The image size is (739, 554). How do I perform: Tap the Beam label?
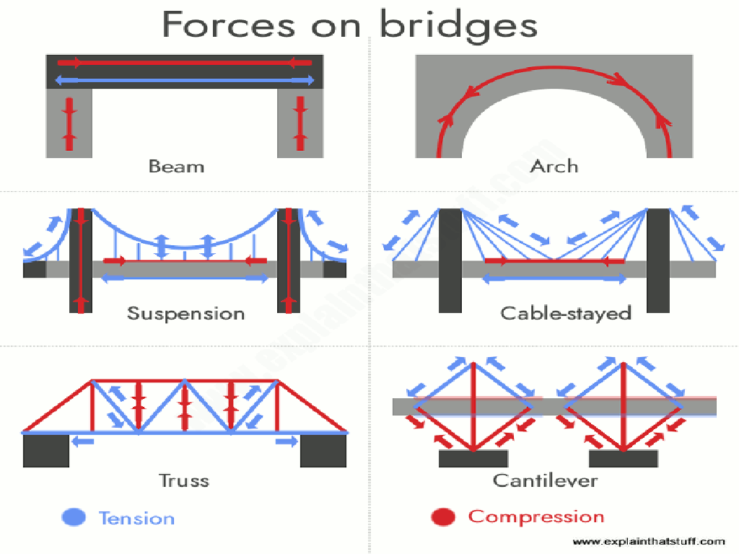(x=176, y=166)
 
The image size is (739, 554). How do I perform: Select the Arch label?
(x=554, y=166)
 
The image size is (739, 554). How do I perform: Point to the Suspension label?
(x=185, y=314)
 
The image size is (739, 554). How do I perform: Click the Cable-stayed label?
(x=566, y=314)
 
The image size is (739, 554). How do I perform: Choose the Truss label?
(x=184, y=480)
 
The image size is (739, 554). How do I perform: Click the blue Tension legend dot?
(x=74, y=517)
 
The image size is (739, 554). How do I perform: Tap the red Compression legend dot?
(x=443, y=517)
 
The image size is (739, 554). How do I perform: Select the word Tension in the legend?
(x=136, y=518)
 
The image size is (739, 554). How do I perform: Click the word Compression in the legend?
(x=536, y=517)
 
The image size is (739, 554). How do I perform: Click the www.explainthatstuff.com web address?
(x=649, y=541)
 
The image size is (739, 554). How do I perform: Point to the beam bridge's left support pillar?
(x=69, y=123)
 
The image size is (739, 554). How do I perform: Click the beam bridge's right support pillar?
(x=300, y=123)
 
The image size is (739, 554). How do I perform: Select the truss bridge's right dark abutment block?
(x=323, y=451)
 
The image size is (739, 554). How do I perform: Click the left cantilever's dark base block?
(x=473, y=459)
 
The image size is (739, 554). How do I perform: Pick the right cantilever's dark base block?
(x=624, y=459)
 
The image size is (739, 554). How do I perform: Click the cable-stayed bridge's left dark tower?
(x=450, y=260)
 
